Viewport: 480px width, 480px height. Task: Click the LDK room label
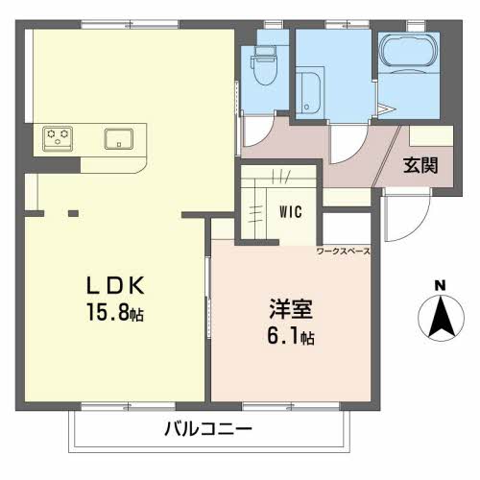coord(115,285)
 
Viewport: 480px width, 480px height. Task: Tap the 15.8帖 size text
coord(115,312)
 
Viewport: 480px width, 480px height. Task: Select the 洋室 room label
coord(291,309)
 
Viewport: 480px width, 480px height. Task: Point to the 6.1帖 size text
coord(291,336)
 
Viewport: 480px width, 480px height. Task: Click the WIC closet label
coord(291,212)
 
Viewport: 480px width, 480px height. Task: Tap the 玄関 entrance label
coord(420,166)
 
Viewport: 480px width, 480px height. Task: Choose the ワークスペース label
coord(344,252)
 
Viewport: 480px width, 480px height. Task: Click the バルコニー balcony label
coord(208,429)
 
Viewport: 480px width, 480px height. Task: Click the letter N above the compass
coord(441,285)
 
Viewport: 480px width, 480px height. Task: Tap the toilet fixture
coord(264,65)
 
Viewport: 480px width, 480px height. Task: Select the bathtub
coord(409,51)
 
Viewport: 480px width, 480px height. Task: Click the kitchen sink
coord(119,139)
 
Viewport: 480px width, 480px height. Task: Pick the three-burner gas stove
coord(58,138)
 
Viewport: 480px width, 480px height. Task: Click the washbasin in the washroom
coord(308,91)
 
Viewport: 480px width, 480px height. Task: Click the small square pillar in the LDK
coord(73,213)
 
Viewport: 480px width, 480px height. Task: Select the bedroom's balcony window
coord(291,406)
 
